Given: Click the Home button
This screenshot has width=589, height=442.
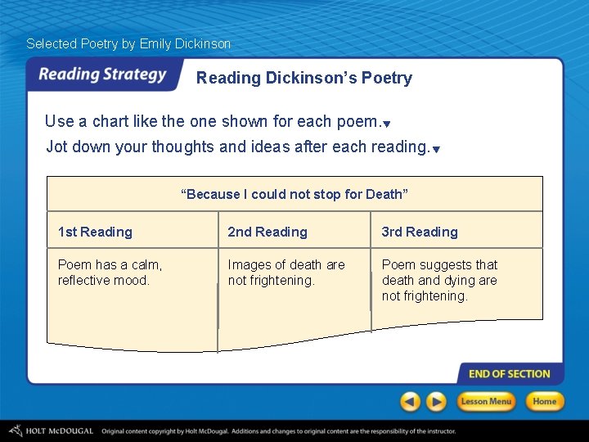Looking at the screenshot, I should [544, 401].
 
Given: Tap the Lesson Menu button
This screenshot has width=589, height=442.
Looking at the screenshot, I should [486, 401].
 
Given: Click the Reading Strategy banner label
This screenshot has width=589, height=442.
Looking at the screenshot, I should [102, 74].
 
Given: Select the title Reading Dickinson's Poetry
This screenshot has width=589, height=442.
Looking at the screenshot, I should [303, 79].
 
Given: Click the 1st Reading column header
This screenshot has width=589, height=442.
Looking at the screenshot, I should [95, 232].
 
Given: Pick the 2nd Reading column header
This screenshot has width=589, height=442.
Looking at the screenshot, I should [268, 232].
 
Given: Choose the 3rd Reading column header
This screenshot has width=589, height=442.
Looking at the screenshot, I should [420, 232].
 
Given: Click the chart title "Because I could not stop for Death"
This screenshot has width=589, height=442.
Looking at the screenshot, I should [294, 194].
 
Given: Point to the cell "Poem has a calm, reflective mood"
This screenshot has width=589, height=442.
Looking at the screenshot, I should [110, 273].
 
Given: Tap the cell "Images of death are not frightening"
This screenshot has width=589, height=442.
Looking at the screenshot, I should [286, 273].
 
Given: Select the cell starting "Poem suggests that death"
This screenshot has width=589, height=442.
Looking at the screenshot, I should [440, 280].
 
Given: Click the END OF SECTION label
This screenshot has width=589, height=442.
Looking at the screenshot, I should [509, 374].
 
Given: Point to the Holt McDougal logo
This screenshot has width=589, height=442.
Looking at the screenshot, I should [51, 431].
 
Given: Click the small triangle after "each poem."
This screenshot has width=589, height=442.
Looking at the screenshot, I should [387, 124].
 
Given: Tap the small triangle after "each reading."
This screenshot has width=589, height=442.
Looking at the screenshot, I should [436, 150].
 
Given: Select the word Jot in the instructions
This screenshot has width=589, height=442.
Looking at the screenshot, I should [56, 147].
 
